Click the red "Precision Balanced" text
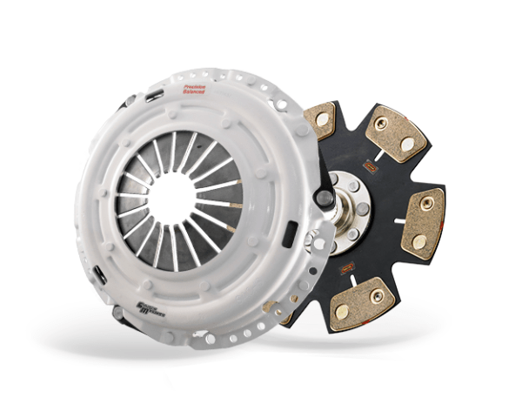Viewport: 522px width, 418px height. point(195,87)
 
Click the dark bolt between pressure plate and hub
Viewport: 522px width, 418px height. point(325,198)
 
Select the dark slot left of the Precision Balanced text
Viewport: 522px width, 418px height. point(157,95)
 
